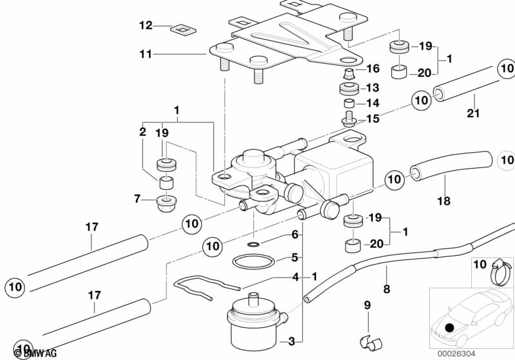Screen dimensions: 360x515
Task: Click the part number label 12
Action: click(x=146, y=26)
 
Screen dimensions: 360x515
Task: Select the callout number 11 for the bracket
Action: click(x=146, y=55)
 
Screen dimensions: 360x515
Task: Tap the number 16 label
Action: click(x=373, y=69)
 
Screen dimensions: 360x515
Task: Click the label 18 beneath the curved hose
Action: click(x=445, y=202)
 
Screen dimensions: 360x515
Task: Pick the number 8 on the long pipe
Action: click(x=387, y=289)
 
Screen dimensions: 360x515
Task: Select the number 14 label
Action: click(x=373, y=103)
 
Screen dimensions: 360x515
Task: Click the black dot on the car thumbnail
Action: click(x=449, y=328)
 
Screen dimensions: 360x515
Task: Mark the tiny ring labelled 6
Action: click(x=255, y=245)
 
